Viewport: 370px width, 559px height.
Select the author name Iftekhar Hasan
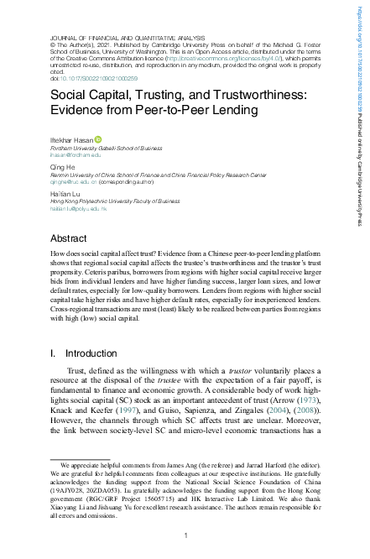(72, 139)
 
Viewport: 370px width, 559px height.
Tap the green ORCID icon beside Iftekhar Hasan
(99, 139)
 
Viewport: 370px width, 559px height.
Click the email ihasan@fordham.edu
(75, 154)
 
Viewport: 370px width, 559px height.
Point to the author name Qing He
(63, 166)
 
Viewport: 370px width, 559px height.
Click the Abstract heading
(69, 238)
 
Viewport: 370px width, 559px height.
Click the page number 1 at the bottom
(185, 535)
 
